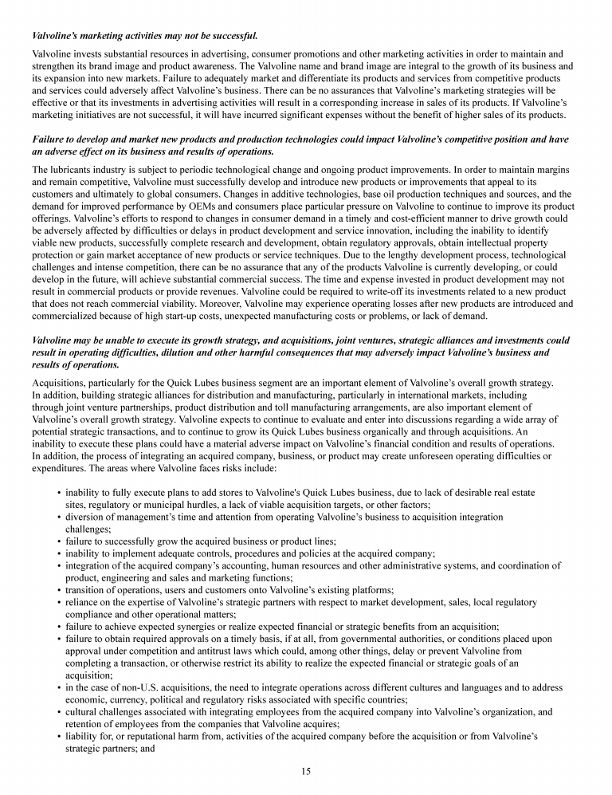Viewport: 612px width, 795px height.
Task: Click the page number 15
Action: [306, 770]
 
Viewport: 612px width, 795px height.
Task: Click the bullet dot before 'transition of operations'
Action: [59, 591]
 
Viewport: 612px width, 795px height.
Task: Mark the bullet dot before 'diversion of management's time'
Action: [59, 517]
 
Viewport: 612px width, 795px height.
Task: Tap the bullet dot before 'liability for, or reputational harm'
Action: [59, 736]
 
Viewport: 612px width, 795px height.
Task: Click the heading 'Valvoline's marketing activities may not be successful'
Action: [144, 35]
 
